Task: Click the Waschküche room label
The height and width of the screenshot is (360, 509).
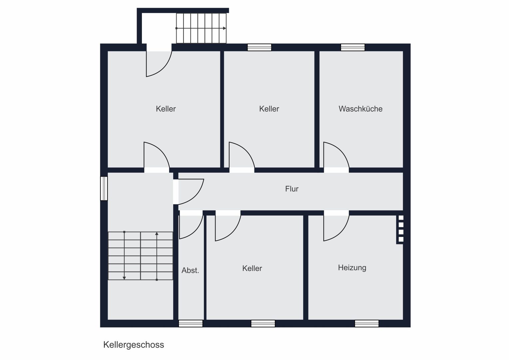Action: tap(360, 109)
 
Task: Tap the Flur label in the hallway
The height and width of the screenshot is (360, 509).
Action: tap(292, 189)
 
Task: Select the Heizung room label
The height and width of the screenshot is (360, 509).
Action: tap(352, 268)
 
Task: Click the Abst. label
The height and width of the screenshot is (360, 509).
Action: tap(190, 270)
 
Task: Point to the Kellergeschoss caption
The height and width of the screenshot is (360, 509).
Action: tap(134, 345)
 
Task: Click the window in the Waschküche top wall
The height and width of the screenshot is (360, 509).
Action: tap(353, 47)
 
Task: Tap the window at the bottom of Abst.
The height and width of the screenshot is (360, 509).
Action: tap(191, 323)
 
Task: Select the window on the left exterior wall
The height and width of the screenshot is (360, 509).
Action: tap(104, 189)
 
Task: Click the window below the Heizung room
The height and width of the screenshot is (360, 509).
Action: tap(367, 323)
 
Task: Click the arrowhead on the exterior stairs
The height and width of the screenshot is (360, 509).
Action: tap(225, 28)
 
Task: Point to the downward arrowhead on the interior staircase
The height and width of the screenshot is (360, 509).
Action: tap(124, 278)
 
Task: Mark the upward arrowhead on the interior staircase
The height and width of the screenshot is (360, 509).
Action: tap(157, 234)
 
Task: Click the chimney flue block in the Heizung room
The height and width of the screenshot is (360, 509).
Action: tap(400, 229)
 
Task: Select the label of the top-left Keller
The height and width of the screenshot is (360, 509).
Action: tap(166, 109)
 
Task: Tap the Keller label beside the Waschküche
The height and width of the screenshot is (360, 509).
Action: tap(269, 109)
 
